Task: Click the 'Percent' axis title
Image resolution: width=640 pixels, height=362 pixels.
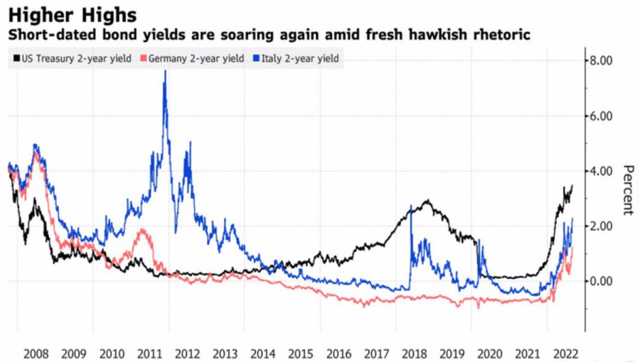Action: pos(628,190)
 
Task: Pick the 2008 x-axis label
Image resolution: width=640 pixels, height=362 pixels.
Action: pos(36,353)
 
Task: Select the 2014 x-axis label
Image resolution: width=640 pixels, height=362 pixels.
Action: pos(262,353)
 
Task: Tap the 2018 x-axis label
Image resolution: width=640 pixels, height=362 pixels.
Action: pos(413,353)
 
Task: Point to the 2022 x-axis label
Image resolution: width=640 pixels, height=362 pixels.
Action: pos(563,353)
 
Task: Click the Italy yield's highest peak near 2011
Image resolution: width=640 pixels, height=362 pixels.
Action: pos(165,72)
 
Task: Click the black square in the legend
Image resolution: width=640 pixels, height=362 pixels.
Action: pos(16,59)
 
